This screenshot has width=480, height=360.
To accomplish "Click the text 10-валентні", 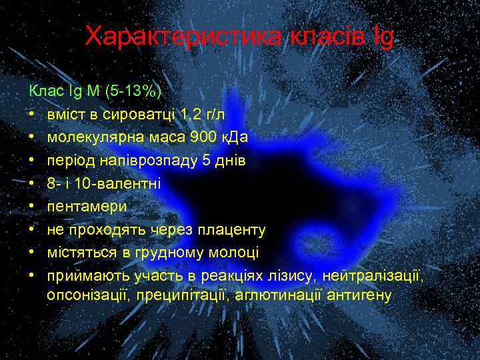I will point(119,183).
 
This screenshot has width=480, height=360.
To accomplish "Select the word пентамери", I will point(87,207).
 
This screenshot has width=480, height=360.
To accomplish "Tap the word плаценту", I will point(233,230).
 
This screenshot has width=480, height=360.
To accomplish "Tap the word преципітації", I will point(180,294).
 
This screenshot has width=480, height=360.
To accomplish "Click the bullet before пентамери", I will point(31,207).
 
